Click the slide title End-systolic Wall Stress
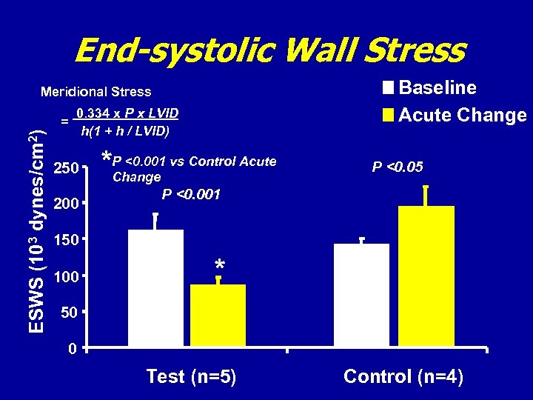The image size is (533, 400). [x=269, y=51]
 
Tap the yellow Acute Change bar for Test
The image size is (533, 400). [x=218, y=316]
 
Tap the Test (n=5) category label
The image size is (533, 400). [x=191, y=376]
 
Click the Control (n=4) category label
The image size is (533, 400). [x=403, y=376]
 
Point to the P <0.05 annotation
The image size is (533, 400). [x=398, y=167]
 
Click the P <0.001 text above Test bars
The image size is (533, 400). [x=191, y=194]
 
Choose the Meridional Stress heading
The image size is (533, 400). [x=95, y=93]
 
